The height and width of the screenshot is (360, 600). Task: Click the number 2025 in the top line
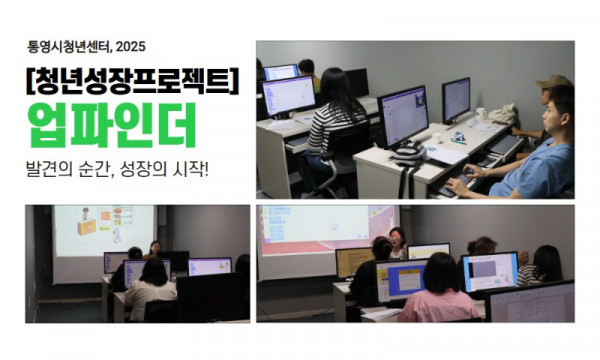pyautogui.click(x=131, y=45)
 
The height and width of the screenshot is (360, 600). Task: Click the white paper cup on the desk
pyautogui.click(x=436, y=137)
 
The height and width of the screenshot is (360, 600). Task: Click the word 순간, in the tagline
pyautogui.click(x=105, y=164)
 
